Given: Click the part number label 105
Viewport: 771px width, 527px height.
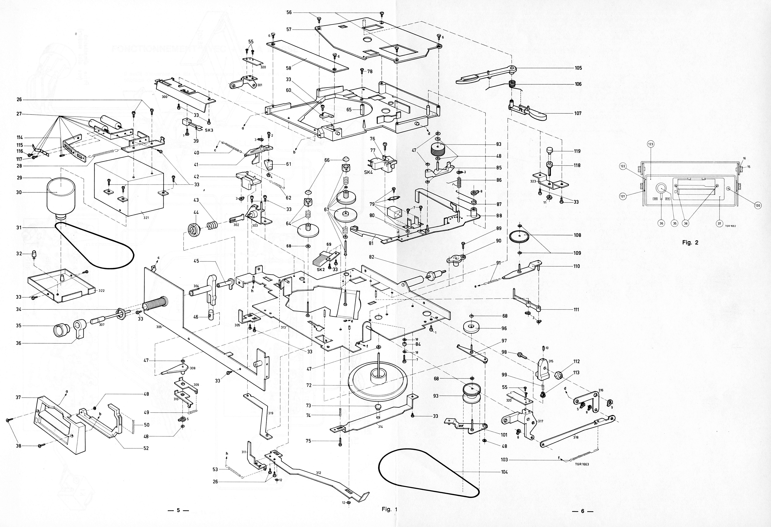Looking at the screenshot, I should pyautogui.click(x=578, y=68).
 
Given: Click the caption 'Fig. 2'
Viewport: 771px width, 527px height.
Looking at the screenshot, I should pyautogui.click(x=690, y=242).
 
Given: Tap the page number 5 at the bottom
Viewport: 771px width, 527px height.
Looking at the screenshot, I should pyautogui.click(x=178, y=510).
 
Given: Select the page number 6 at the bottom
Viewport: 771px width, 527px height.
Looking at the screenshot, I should pyautogui.click(x=582, y=511).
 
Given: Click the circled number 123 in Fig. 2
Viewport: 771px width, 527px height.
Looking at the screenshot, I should pyautogui.click(x=650, y=144).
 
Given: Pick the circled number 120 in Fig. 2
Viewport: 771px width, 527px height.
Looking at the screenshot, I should pyautogui.click(x=758, y=206).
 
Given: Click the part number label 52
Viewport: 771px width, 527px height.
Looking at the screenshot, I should pyautogui.click(x=146, y=448).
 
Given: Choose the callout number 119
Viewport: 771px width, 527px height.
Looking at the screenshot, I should pyautogui.click(x=577, y=151).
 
